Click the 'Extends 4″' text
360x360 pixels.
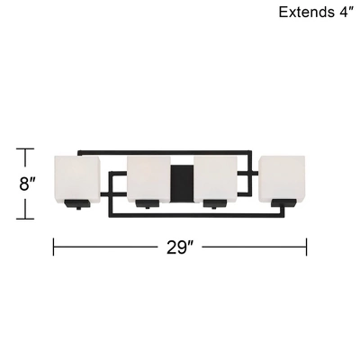315,12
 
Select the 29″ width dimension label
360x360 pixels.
179,247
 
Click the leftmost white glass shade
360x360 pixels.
76,179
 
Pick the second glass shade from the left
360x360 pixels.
148,179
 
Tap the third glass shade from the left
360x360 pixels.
216,179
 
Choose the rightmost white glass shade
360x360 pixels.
283,178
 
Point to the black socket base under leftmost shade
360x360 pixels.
77,204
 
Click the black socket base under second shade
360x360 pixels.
148,203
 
